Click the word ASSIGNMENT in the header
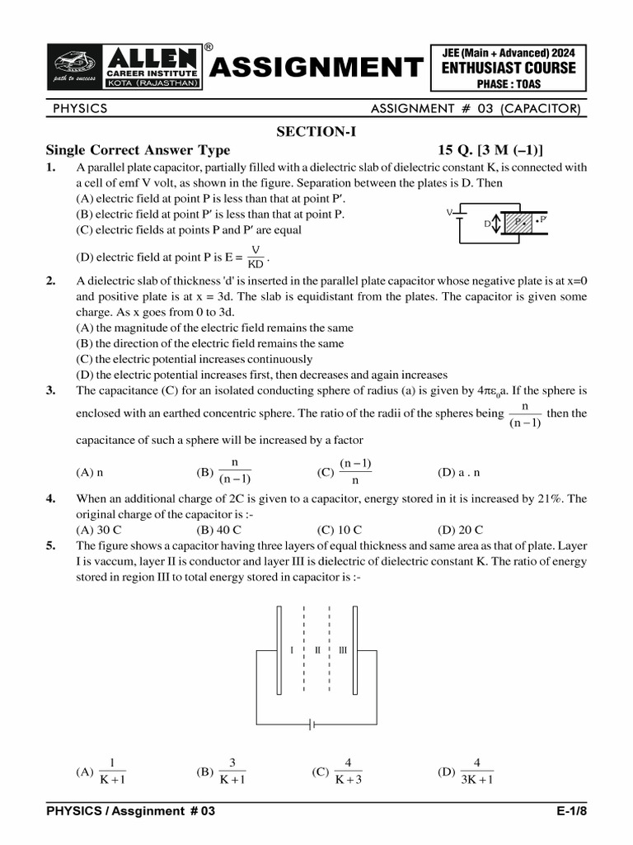pyautogui.click(x=316, y=67)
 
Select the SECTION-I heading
pyautogui.click(x=316, y=131)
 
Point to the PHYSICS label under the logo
pyautogui.click(x=80, y=108)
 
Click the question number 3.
pyautogui.click(x=50, y=390)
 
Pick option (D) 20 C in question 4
pyautogui.click(x=460, y=530)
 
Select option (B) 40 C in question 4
pyautogui.click(x=218, y=530)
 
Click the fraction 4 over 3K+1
pyautogui.click(x=476, y=772)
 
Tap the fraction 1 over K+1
pyautogui.click(x=112, y=772)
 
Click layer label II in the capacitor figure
pyautogui.click(x=317, y=650)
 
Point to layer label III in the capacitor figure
pyautogui.click(x=342, y=650)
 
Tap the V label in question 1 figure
pyautogui.click(x=450, y=213)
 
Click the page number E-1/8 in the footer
pyautogui.click(x=571, y=811)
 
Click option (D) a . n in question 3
pyautogui.click(x=458, y=473)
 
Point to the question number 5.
pyautogui.click(x=50, y=545)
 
